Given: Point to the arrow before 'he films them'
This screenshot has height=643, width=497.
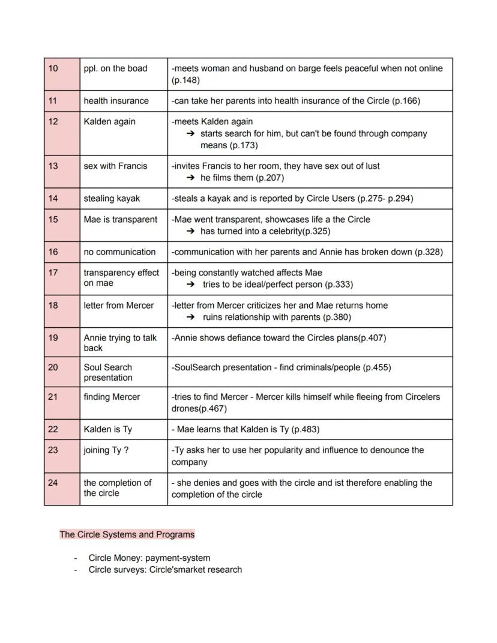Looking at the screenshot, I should pos(191,178).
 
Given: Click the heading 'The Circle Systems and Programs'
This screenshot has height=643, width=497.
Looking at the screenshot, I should pos(127,534).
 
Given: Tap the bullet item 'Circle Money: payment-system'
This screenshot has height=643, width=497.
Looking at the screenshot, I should pos(149,558).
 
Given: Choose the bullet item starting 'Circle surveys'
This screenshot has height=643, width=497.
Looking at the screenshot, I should pos(165,569).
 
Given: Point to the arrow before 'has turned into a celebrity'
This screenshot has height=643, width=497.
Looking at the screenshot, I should pos(191,232).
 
